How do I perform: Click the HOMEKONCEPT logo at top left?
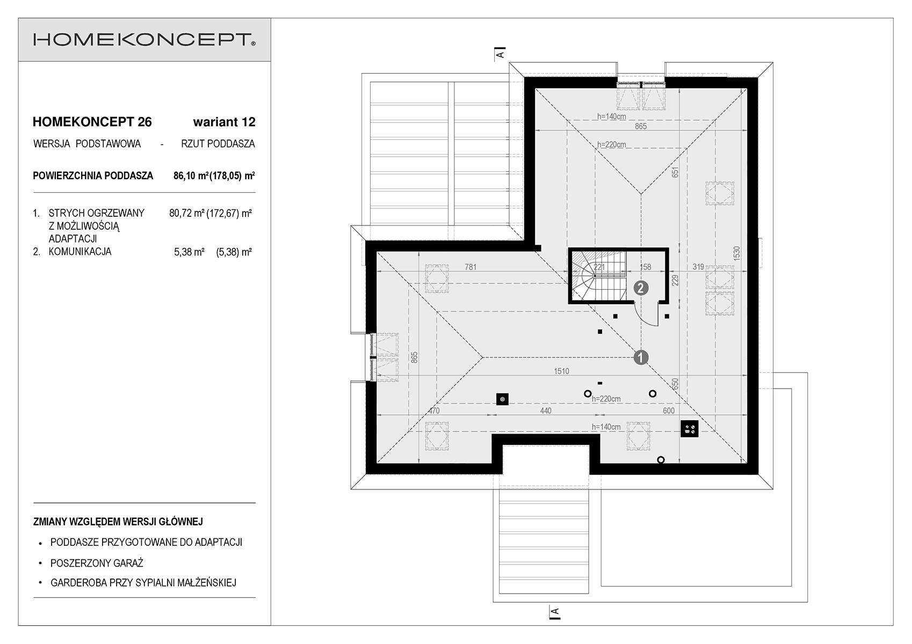tap(144, 40)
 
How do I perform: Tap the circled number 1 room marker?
tap(641, 357)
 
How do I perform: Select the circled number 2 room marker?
tap(641, 288)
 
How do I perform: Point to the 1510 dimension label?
tap(561, 371)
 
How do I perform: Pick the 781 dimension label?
tap(471, 267)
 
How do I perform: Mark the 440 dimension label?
tap(545, 411)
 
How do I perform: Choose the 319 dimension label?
tap(698, 267)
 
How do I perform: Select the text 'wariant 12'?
tap(224, 122)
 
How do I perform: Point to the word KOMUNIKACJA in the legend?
tap(80, 252)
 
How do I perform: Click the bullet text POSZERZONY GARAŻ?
tap(97, 563)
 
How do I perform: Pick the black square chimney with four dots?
tap(689, 428)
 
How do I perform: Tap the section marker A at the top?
tap(500, 54)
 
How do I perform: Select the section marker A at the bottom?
tap(555, 611)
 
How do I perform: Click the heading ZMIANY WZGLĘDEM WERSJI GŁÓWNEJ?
tap(118, 521)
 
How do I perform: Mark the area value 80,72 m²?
tap(186, 213)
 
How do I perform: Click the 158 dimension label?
tap(645, 267)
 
